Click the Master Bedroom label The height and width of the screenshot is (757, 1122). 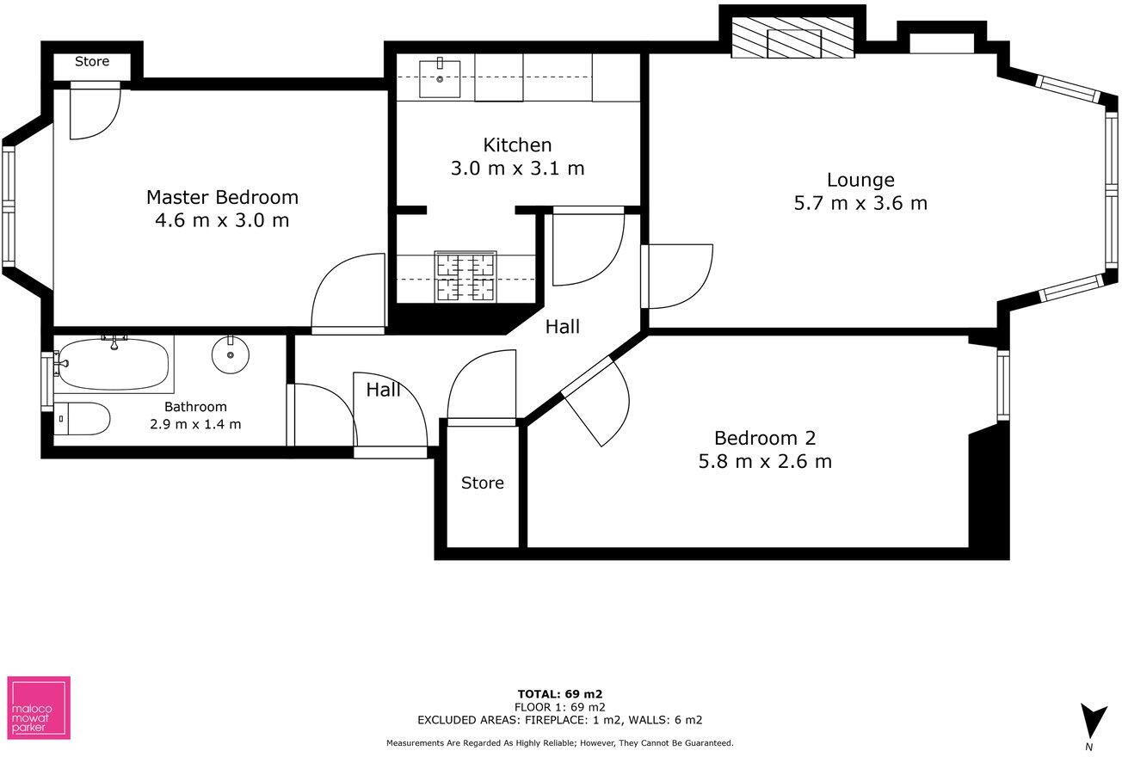(x=222, y=197)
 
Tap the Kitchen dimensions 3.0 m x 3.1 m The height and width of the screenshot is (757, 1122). (x=517, y=169)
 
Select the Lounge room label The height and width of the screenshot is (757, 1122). (x=860, y=180)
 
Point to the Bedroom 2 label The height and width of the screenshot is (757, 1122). (x=765, y=437)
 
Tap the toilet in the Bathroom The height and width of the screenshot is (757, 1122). (x=83, y=420)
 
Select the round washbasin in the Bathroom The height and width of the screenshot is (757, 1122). (x=230, y=354)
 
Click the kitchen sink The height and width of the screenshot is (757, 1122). (x=440, y=78)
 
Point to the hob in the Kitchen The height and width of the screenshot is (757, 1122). (x=465, y=277)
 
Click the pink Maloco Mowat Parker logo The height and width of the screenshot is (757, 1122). (x=39, y=707)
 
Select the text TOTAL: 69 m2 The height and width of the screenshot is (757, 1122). (x=560, y=693)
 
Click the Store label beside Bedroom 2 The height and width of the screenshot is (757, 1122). (x=482, y=483)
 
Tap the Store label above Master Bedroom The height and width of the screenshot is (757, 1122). (x=92, y=62)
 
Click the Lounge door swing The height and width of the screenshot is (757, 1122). (x=678, y=275)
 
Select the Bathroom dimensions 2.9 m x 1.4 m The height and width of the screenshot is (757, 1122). (x=196, y=423)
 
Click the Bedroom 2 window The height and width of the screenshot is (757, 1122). (x=1003, y=385)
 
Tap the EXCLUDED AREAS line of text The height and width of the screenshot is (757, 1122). (x=560, y=720)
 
